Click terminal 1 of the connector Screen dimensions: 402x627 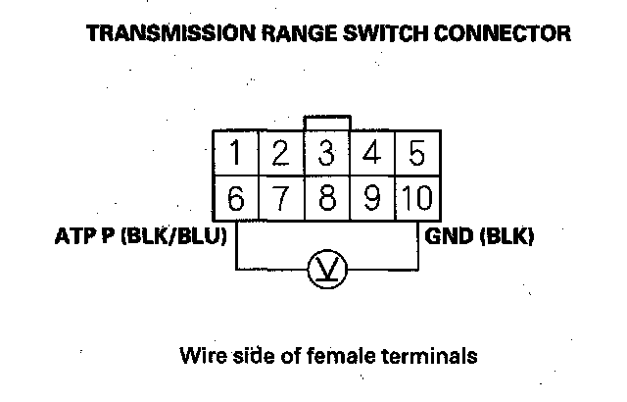point(236,154)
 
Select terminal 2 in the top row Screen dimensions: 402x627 point(280,154)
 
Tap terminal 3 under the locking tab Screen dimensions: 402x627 point(327,154)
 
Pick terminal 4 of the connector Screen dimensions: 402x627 point(371,154)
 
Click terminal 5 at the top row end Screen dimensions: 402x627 point(416,154)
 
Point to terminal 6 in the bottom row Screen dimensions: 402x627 point(236,199)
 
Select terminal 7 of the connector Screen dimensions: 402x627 point(280,199)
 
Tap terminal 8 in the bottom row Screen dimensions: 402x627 point(327,199)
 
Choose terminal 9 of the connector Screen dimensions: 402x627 point(371,199)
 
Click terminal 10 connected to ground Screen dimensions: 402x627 point(416,199)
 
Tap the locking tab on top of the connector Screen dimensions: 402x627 point(327,124)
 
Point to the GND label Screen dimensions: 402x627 point(447,237)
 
